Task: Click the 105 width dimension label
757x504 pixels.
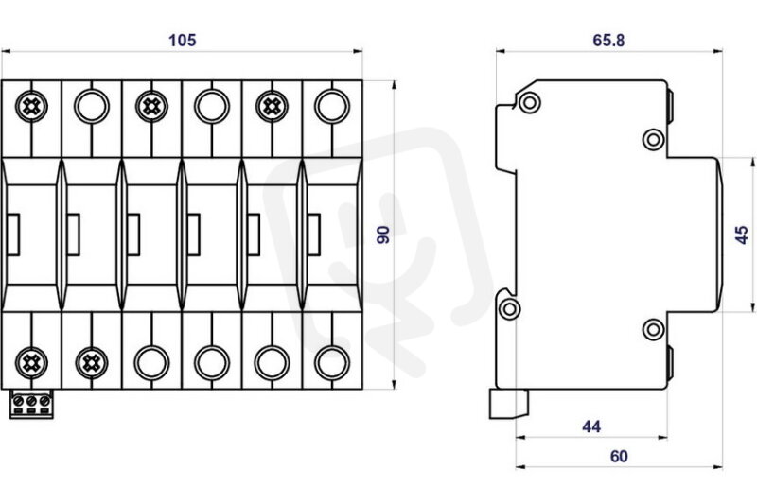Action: coord(182,40)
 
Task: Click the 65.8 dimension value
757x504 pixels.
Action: coord(608,41)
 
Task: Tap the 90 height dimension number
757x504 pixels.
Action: coord(383,235)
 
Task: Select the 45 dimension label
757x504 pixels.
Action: coord(742,235)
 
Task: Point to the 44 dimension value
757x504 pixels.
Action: coord(591,426)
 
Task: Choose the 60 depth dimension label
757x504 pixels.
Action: coord(619,457)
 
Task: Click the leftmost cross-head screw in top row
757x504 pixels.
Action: coord(31,106)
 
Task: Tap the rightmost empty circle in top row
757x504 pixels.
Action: coord(332,106)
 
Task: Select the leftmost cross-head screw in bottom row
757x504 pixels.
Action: coord(31,363)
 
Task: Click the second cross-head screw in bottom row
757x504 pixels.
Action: coord(92,363)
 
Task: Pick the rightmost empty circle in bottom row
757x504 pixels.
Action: coord(332,363)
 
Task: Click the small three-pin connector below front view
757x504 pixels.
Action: coord(31,404)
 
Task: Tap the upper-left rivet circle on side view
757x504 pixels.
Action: coord(530,102)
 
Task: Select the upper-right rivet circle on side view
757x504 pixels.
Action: coord(654,140)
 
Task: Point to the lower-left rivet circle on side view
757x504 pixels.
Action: coord(509,308)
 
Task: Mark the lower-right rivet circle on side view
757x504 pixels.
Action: coord(654,330)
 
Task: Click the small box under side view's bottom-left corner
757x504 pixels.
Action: coord(509,404)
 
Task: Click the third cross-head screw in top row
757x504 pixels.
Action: coord(272,106)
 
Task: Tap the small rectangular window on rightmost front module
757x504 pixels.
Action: coord(314,235)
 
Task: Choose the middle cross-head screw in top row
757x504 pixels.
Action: coord(151,106)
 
